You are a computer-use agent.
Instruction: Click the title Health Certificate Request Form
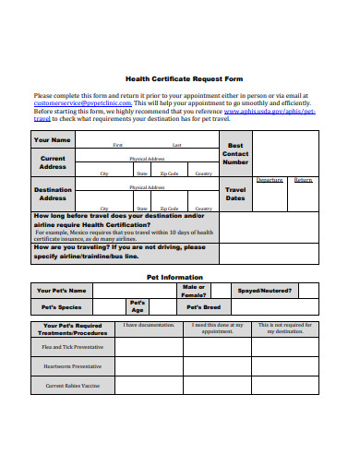179,78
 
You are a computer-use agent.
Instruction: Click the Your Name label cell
52,140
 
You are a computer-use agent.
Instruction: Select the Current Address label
52,163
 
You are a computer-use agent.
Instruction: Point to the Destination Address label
52,194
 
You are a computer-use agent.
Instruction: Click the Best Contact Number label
235,153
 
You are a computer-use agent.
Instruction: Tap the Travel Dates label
235,193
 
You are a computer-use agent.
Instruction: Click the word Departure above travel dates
270,180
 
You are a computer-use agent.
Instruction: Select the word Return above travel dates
303,180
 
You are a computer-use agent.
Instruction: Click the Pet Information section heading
175,276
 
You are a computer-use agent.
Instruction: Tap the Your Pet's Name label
62,291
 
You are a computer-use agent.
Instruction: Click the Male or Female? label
194,291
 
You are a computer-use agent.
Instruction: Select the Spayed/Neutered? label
265,291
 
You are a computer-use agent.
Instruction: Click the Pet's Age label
137,306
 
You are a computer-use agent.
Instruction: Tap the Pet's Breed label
204,307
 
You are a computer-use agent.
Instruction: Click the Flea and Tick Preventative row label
73,346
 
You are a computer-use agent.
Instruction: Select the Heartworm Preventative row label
73,365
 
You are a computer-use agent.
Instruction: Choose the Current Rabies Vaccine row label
73,386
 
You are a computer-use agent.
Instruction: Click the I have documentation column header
149,325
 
